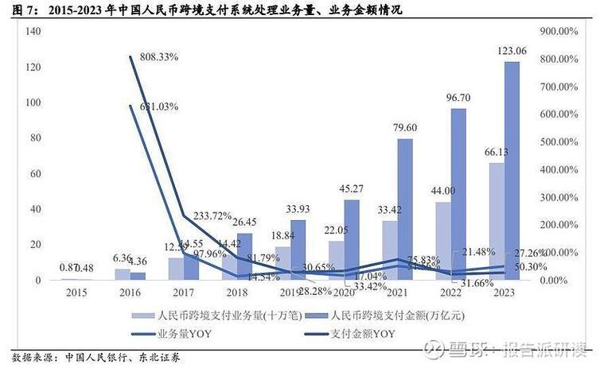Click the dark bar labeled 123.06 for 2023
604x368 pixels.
coord(512,171)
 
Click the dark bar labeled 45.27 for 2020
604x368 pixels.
coord(351,239)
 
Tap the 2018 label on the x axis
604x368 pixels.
coord(236,293)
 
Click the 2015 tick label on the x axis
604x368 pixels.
coord(76,293)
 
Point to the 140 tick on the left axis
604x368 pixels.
coord(33,30)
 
